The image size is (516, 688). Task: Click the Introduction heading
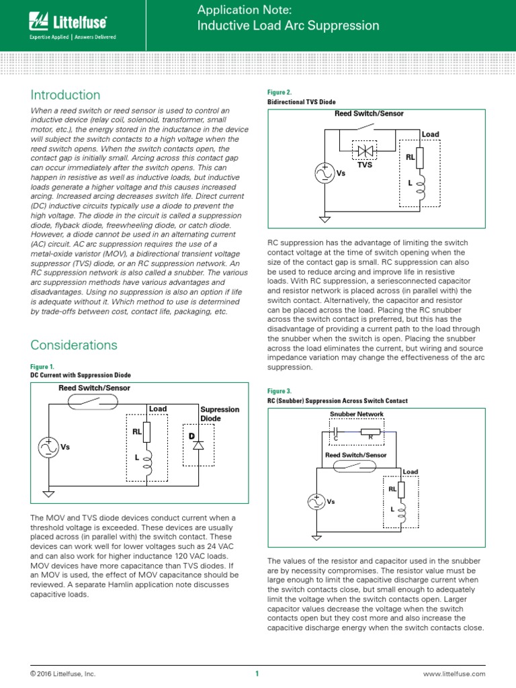[65, 95]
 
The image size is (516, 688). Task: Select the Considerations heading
[74, 345]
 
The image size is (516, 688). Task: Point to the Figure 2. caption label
[279, 92]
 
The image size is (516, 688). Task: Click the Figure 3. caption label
[279, 391]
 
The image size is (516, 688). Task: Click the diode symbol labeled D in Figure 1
[198, 445]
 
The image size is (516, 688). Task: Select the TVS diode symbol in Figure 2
[365, 152]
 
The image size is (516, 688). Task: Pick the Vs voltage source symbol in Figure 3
[316, 501]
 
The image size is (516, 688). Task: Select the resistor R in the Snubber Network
[371, 432]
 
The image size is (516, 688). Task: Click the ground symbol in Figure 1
[49, 494]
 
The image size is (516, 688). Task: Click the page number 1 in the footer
[257, 674]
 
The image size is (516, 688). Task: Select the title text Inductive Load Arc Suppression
[288, 26]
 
